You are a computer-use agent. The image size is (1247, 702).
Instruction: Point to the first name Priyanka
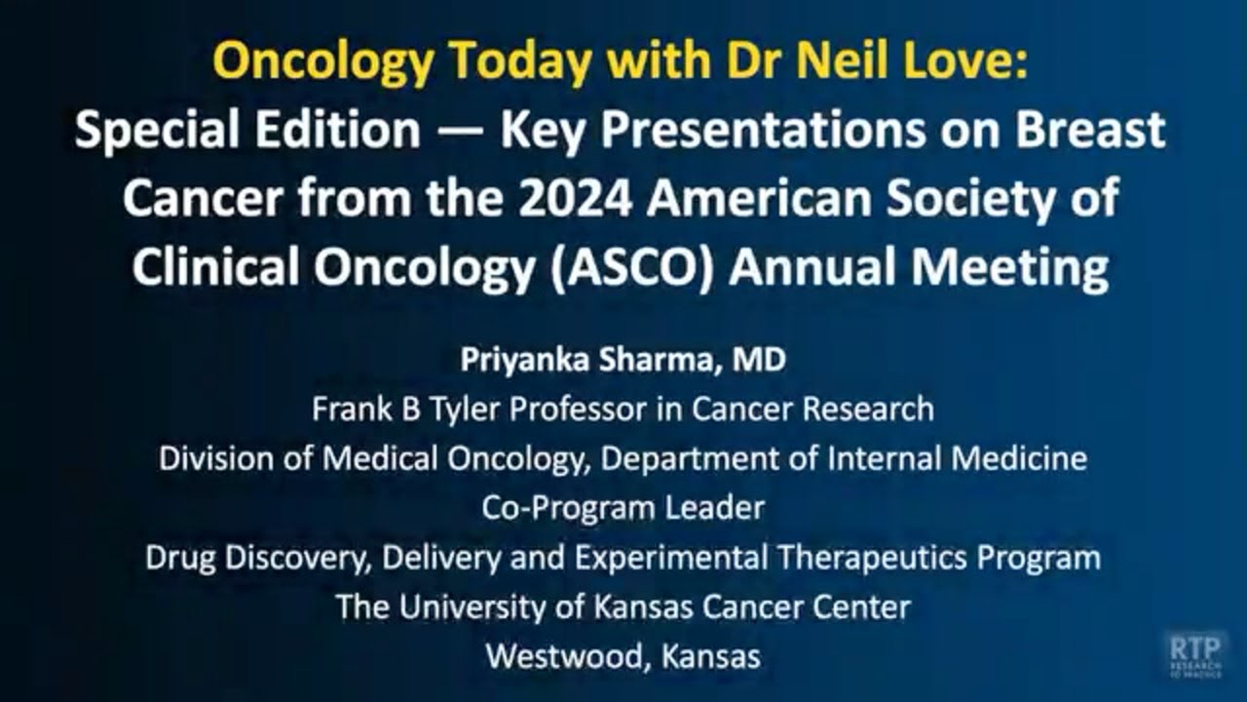click(x=522, y=361)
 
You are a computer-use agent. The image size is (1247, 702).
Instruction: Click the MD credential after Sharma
click(x=761, y=361)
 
